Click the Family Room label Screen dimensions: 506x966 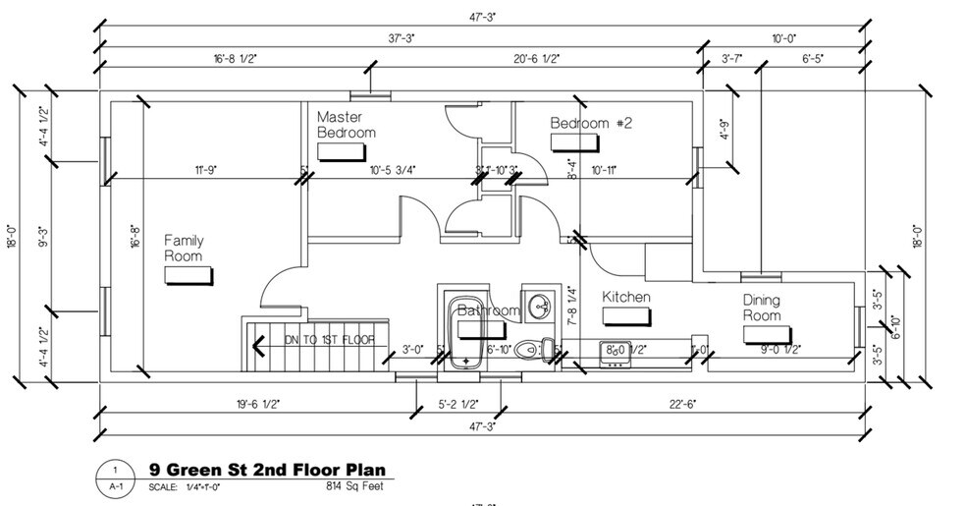click(x=183, y=248)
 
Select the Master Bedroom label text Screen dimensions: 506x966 click(x=346, y=125)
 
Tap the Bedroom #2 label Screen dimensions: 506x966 click(x=591, y=124)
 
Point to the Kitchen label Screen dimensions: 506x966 click(x=626, y=297)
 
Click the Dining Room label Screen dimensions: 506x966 click(x=762, y=308)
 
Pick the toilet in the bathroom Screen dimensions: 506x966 click(x=531, y=349)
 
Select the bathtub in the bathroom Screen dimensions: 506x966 click(x=465, y=329)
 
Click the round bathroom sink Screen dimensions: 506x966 click(x=538, y=307)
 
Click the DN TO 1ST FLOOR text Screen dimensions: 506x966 click(x=321, y=340)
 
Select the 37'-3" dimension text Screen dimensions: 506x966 click(x=400, y=37)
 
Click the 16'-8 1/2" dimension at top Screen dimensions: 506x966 click(x=234, y=59)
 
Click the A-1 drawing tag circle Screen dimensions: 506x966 click(x=115, y=478)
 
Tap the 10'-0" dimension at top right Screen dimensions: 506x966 click(x=782, y=37)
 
